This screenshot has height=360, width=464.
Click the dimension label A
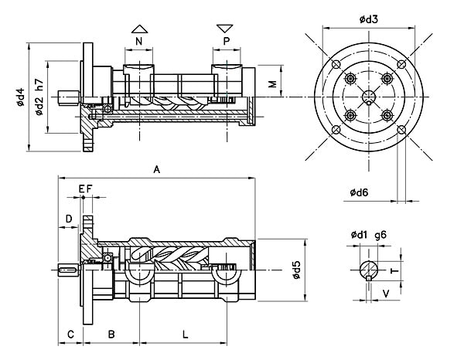(x=157, y=170)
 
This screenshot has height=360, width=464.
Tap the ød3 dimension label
(x=369, y=19)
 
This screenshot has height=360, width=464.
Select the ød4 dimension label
(x=20, y=97)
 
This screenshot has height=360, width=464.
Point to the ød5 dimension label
(x=296, y=270)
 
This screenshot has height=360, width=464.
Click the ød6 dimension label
(x=359, y=192)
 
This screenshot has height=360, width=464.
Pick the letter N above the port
(x=138, y=42)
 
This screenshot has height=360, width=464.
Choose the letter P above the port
(x=227, y=42)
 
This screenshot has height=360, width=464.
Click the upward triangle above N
(x=139, y=29)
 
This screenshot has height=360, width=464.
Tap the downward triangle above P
(x=225, y=29)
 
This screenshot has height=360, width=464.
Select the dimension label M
(x=272, y=83)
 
